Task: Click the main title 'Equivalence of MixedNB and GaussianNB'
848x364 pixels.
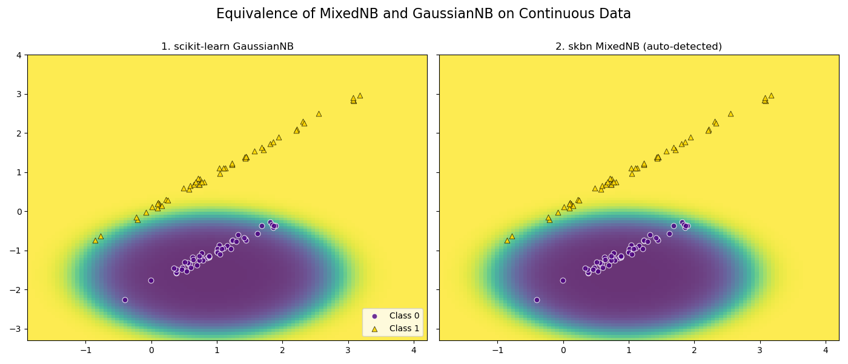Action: click(423, 14)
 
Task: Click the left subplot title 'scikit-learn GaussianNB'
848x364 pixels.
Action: click(227, 47)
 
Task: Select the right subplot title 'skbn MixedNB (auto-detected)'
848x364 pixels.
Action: click(638, 47)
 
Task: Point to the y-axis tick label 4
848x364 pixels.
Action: click(19, 55)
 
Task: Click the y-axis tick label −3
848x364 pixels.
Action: click(16, 329)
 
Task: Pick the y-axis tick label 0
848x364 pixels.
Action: click(19, 212)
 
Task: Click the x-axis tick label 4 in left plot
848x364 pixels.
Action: click(414, 350)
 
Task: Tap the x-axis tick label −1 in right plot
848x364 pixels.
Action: click(497, 350)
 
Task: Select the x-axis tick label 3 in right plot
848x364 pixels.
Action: click(760, 350)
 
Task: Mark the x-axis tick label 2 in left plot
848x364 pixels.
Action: click(282, 350)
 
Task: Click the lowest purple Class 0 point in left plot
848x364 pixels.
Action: click(125, 300)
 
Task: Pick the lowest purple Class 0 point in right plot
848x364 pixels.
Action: click(537, 300)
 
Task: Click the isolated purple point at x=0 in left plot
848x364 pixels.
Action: click(151, 280)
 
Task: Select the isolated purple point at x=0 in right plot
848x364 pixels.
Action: click(563, 280)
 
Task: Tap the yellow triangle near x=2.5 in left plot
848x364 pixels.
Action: click(319, 113)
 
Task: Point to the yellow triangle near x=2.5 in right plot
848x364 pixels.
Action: click(730, 113)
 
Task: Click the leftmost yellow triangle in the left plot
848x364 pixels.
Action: click(95, 240)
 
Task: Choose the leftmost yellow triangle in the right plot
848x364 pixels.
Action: click(507, 240)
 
